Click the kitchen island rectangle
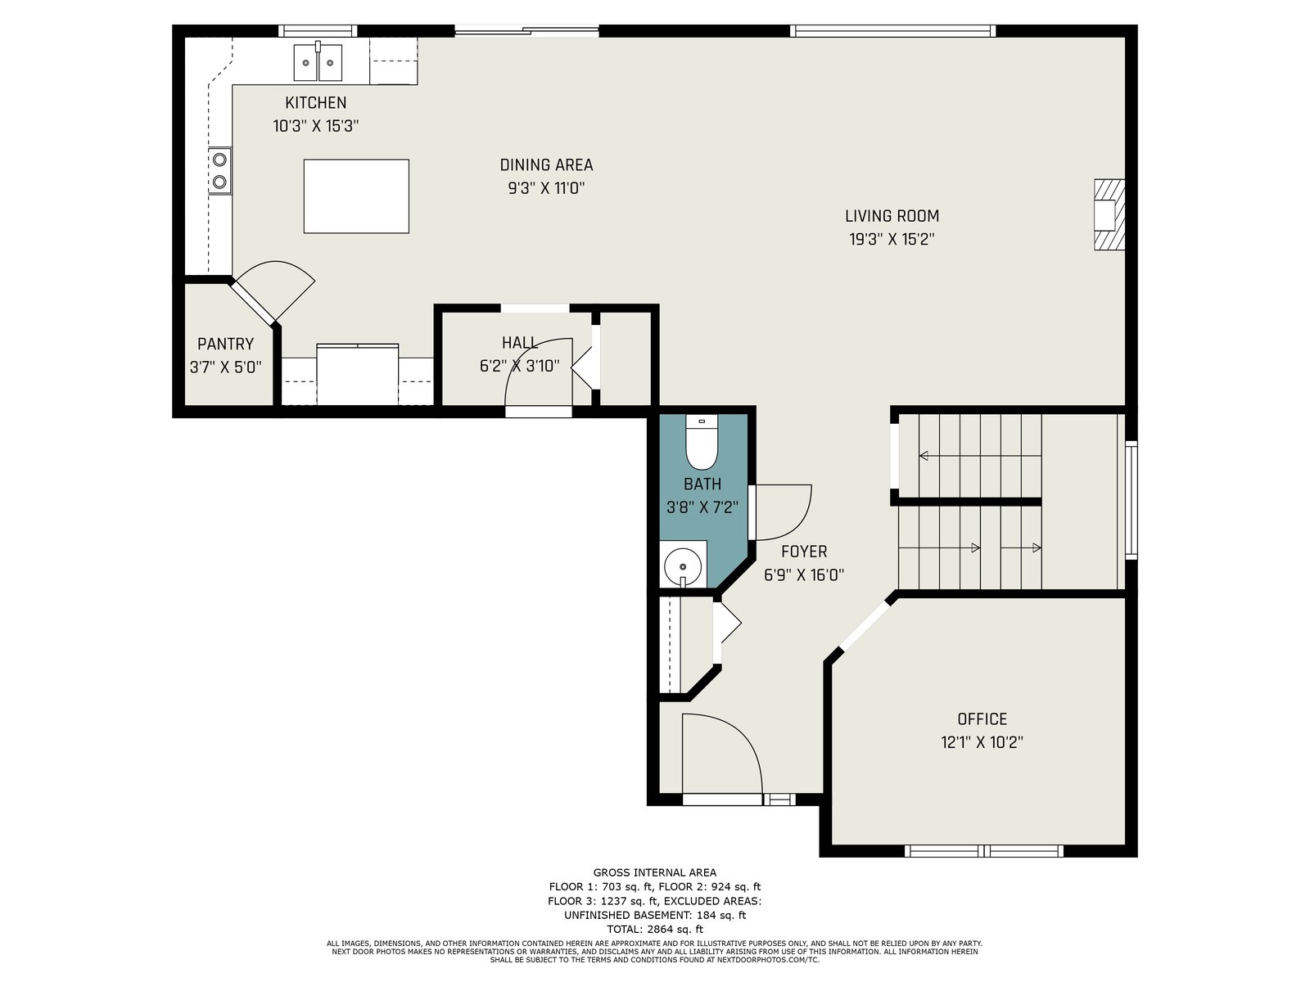(x=356, y=196)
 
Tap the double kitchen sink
(x=318, y=62)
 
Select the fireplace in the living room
(x=1109, y=214)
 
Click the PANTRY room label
(x=226, y=344)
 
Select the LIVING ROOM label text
(x=892, y=215)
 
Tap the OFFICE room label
(x=982, y=718)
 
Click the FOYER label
(x=804, y=551)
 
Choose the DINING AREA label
(x=546, y=164)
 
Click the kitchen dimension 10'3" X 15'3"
(x=316, y=126)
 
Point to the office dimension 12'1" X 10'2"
(x=982, y=742)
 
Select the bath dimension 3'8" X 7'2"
(x=702, y=507)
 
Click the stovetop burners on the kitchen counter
(x=219, y=170)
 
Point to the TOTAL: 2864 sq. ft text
(x=655, y=929)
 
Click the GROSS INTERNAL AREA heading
(x=655, y=872)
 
